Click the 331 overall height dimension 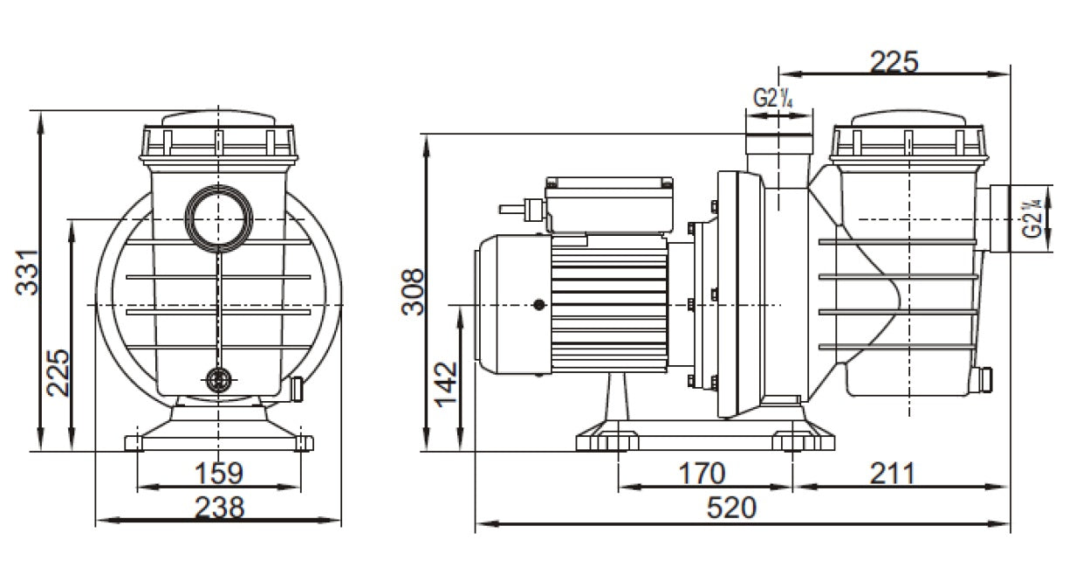click(x=29, y=273)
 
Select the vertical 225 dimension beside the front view click(x=58, y=373)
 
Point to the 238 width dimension click(x=218, y=507)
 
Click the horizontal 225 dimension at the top click(x=894, y=61)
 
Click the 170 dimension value click(x=702, y=474)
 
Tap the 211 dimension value click(x=891, y=474)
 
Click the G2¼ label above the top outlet click(x=772, y=99)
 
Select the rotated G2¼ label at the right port click(x=1032, y=218)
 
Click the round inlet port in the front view click(x=217, y=217)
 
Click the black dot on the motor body click(x=538, y=305)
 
